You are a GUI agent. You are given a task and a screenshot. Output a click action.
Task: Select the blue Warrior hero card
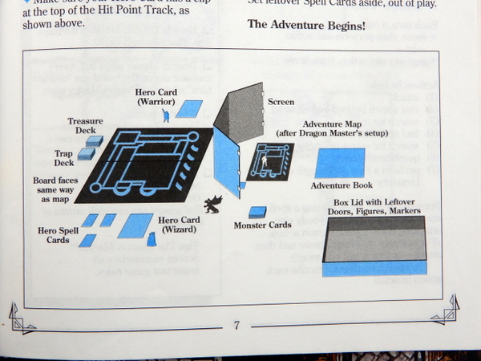click(x=189, y=108)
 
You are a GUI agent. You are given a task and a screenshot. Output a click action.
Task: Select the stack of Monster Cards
click(x=257, y=212)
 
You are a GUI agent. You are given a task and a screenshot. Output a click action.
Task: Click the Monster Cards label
click(x=262, y=225)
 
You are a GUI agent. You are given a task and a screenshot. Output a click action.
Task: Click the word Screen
click(x=281, y=103)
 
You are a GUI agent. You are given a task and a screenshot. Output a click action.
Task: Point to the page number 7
click(x=237, y=326)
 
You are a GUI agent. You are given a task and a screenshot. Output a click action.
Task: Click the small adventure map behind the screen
click(x=269, y=161)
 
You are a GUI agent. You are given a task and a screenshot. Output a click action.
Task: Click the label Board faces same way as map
click(x=55, y=191)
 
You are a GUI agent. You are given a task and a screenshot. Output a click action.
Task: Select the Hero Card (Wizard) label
click(x=180, y=225)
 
